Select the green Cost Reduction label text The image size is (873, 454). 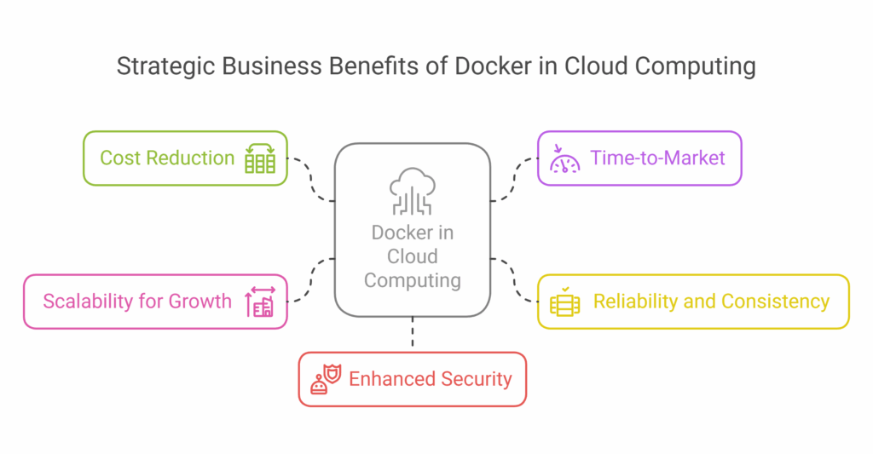click(x=167, y=158)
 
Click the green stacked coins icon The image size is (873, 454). click(x=260, y=158)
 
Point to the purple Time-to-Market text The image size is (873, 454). click(x=658, y=158)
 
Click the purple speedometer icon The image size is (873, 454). click(x=564, y=158)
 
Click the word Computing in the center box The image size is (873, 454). click(x=413, y=280)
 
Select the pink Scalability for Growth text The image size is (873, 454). click(x=137, y=301)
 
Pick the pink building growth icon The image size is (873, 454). click(x=260, y=302)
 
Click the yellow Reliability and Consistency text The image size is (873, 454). click(x=711, y=301)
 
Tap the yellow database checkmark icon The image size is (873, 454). click(x=564, y=302)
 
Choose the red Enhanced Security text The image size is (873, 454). click(x=431, y=379)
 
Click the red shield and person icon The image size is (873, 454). click(x=325, y=379)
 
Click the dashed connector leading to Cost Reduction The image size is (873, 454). click(x=312, y=180)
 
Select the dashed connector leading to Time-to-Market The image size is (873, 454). click(x=513, y=180)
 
